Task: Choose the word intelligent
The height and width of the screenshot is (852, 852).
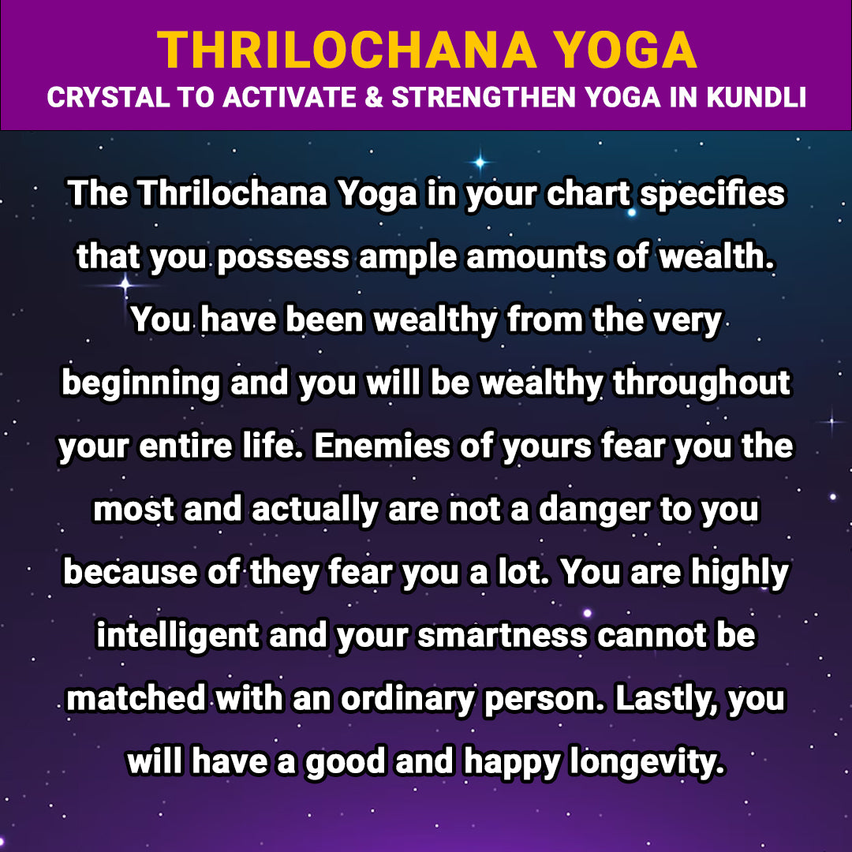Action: coord(178,637)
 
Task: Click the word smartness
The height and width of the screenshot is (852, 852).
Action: coord(502,637)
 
